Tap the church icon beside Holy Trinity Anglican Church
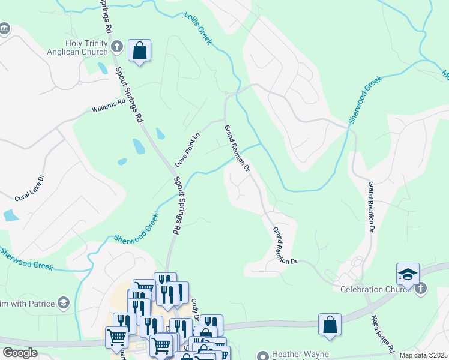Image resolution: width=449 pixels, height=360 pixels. [117, 46]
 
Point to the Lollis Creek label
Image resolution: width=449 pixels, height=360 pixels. [199, 28]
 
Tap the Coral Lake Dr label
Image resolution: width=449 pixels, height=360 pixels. [29, 188]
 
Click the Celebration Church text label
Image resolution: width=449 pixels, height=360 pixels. [375, 290]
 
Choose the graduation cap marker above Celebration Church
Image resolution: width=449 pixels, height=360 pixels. [408, 274]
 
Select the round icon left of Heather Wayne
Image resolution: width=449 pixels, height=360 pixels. [261, 355]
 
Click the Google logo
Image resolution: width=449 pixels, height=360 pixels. [19, 353]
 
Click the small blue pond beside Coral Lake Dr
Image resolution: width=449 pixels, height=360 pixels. [11, 215]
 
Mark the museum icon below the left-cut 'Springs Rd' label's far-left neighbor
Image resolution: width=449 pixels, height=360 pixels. [5, 29]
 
